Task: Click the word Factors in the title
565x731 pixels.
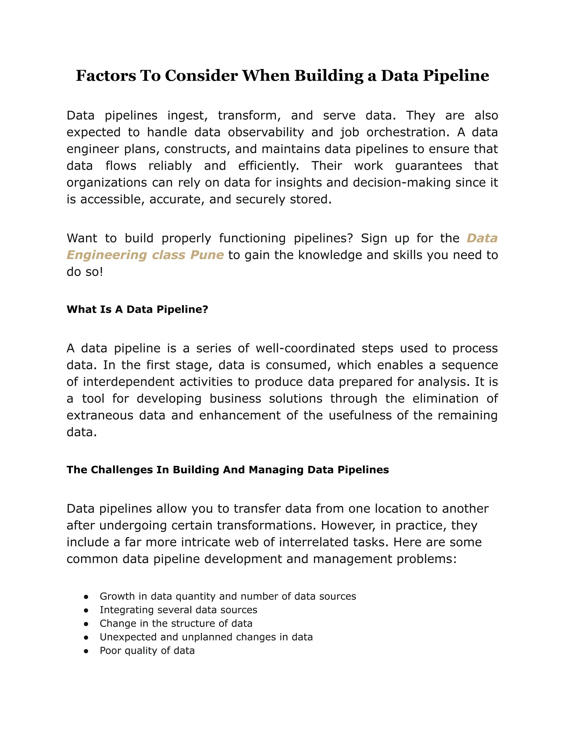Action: click(106, 76)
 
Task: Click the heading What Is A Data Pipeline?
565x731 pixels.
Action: click(137, 309)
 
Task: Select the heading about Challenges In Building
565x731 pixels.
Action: click(228, 469)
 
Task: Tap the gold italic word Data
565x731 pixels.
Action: click(482, 238)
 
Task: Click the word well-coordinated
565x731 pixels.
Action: click(305, 348)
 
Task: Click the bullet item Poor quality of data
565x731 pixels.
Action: click(147, 650)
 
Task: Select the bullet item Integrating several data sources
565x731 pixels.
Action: click(178, 610)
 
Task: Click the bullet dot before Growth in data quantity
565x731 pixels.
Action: click(86, 597)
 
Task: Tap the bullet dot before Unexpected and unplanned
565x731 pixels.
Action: click(86, 637)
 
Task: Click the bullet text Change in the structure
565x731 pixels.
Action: click(176, 623)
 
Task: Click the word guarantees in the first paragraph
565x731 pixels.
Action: click(428, 166)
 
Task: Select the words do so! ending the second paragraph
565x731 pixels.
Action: click(85, 272)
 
